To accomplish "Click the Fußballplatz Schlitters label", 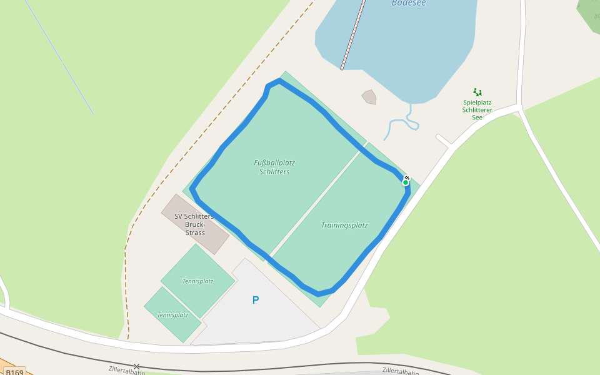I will click(274, 167).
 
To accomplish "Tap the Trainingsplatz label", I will click(344, 225).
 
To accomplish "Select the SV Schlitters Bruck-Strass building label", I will click(194, 224).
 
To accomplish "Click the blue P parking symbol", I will click(255, 301).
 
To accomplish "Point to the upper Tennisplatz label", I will click(197, 281).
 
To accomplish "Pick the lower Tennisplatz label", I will click(172, 315).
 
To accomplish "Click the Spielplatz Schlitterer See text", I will click(477, 110).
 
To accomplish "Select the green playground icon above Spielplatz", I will click(477, 92).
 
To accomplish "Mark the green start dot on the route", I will click(406, 182).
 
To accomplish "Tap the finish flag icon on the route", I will click(407, 177).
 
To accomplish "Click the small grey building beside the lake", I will click(369, 97).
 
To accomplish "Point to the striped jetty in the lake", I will click(352, 34).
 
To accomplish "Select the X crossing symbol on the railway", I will click(136, 366).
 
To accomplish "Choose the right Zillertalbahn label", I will click(400, 371).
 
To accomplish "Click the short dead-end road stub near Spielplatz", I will click(444, 140).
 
